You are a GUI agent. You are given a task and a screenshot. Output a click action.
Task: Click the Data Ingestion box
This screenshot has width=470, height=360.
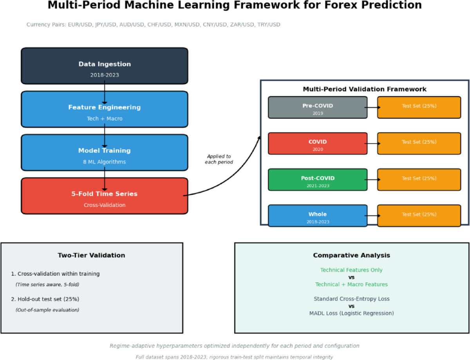coord(105,66)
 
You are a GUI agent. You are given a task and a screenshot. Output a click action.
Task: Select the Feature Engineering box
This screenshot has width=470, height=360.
coord(105,109)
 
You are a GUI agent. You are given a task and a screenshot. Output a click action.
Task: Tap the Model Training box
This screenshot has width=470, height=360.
coord(105,152)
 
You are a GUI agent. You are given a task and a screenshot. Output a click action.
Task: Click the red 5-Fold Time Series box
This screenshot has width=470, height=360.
coord(105,196)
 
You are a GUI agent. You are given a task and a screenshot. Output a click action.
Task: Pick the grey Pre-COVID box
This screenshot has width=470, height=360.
coord(318,107)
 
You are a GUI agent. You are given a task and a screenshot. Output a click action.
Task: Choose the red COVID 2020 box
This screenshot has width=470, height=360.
coord(318,143)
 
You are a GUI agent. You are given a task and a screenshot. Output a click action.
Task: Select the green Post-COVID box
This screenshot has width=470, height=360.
coord(318,179)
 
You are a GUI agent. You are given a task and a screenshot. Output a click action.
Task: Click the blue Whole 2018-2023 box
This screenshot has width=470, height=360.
coord(318,215)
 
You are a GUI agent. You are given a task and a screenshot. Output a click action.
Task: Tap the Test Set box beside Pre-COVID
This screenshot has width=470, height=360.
coord(419,107)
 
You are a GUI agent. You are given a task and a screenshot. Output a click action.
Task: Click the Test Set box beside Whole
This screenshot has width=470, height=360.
coord(419,215)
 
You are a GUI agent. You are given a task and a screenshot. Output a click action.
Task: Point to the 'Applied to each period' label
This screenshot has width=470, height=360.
coord(219,159)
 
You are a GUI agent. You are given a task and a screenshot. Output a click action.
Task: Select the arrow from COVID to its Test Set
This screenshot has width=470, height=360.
coord(372,143)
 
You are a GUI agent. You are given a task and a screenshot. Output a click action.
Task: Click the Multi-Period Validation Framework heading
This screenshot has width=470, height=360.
coord(365,89)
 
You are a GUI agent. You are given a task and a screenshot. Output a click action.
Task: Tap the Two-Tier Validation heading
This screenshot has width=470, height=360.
coord(91,255)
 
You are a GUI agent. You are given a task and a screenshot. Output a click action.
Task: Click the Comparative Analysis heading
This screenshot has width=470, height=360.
coord(351,255)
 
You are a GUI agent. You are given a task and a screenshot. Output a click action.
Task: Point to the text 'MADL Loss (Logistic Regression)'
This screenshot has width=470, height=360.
coord(351,313)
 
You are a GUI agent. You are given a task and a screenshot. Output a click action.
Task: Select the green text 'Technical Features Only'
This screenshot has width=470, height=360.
coord(351,270)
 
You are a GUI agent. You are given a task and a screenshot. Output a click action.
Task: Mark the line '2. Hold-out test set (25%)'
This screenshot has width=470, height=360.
coord(45,299)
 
